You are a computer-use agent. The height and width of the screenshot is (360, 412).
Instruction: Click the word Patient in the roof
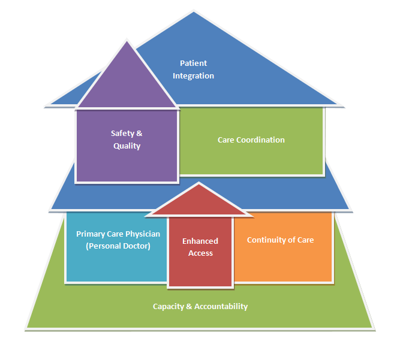pos(193,63)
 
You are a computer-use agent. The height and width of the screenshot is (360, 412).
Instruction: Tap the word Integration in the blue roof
pos(193,76)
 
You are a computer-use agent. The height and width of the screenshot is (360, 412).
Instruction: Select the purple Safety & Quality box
pos(127,159)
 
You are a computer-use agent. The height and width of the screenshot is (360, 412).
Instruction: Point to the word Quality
pos(127,146)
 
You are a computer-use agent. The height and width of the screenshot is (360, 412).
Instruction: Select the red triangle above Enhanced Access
pos(200,202)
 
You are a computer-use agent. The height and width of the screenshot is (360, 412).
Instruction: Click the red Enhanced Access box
pos(200,264)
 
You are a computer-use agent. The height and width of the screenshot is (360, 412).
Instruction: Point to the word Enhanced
pos(200,241)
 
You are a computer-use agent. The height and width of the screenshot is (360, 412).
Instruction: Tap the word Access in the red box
pos(200,253)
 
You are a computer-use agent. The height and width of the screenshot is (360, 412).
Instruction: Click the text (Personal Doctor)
pos(118,246)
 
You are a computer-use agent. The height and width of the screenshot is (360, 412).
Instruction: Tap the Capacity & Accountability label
pos(200,307)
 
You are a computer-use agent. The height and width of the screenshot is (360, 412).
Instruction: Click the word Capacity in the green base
pos(169,307)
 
